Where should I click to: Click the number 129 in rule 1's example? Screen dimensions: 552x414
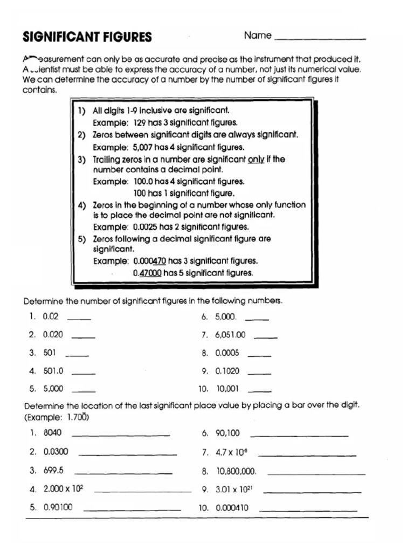tap(141, 122)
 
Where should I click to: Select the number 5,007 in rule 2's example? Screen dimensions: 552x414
tap(142, 147)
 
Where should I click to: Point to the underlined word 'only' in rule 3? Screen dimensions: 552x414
tap(256, 160)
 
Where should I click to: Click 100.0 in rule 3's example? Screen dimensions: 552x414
tap(143, 182)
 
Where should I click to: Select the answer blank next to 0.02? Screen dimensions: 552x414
tap(79, 319)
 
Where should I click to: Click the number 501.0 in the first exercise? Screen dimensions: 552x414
tap(53, 371)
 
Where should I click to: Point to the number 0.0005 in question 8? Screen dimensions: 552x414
tap(227, 353)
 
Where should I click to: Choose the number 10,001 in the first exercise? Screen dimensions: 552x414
tap(227, 388)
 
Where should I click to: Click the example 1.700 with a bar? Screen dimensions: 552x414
tap(78, 417)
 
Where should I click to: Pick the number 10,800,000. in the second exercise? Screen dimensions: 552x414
tap(236, 471)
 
